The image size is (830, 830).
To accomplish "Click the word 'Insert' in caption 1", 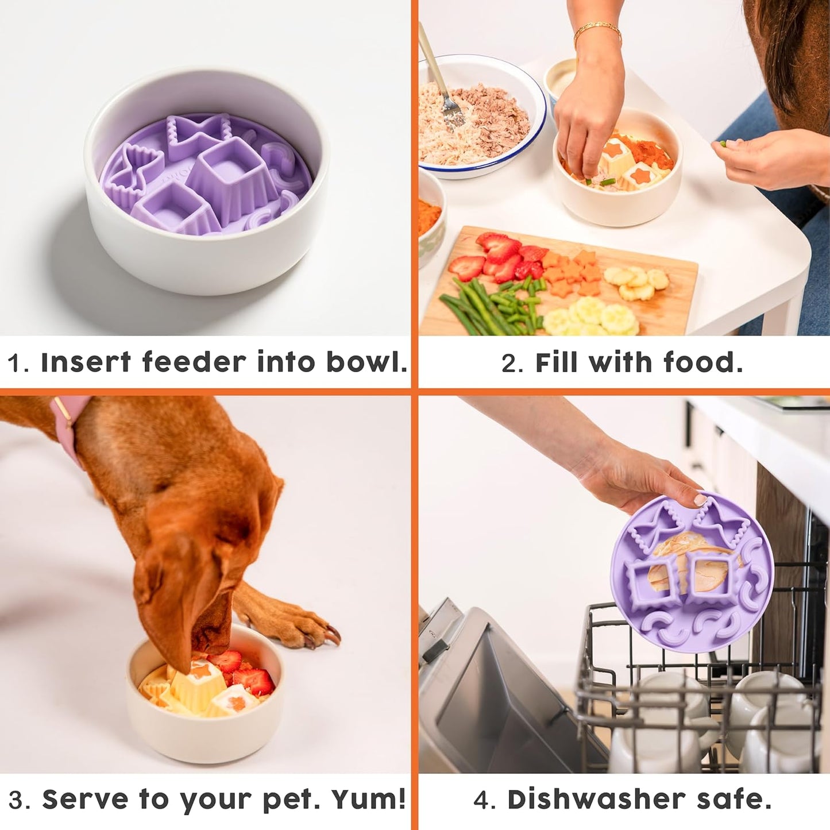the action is click(x=86, y=362).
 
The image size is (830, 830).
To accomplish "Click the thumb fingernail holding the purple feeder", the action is click(x=700, y=500).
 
